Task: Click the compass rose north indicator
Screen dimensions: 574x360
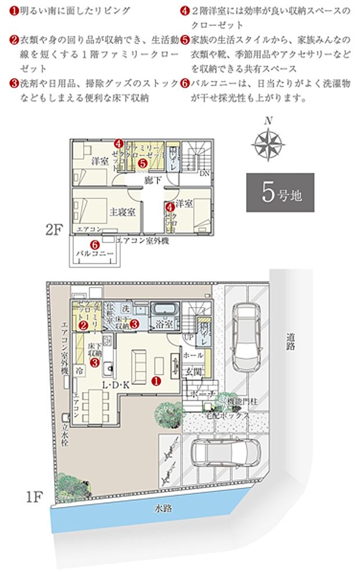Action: [268, 140]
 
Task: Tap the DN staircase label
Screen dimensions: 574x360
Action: [204, 173]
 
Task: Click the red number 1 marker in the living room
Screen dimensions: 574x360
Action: [156, 381]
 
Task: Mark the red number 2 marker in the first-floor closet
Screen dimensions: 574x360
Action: [84, 326]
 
